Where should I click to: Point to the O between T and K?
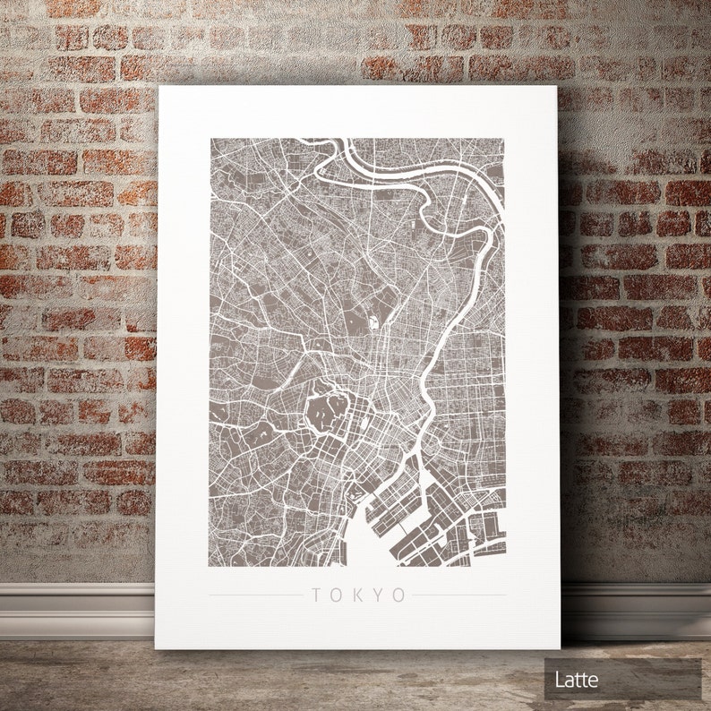[x=336, y=595]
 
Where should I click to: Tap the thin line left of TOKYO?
[x=255, y=595]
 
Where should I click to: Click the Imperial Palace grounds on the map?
[x=324, y=414]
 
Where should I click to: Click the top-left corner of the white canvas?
[x=159, y=88]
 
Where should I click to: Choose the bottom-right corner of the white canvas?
[x=560, y=647]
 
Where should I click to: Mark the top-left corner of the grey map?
[x=211, y=139]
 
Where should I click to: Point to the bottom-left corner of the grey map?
[x=211, y=565]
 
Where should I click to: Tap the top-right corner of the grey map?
[x=505, y=139]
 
